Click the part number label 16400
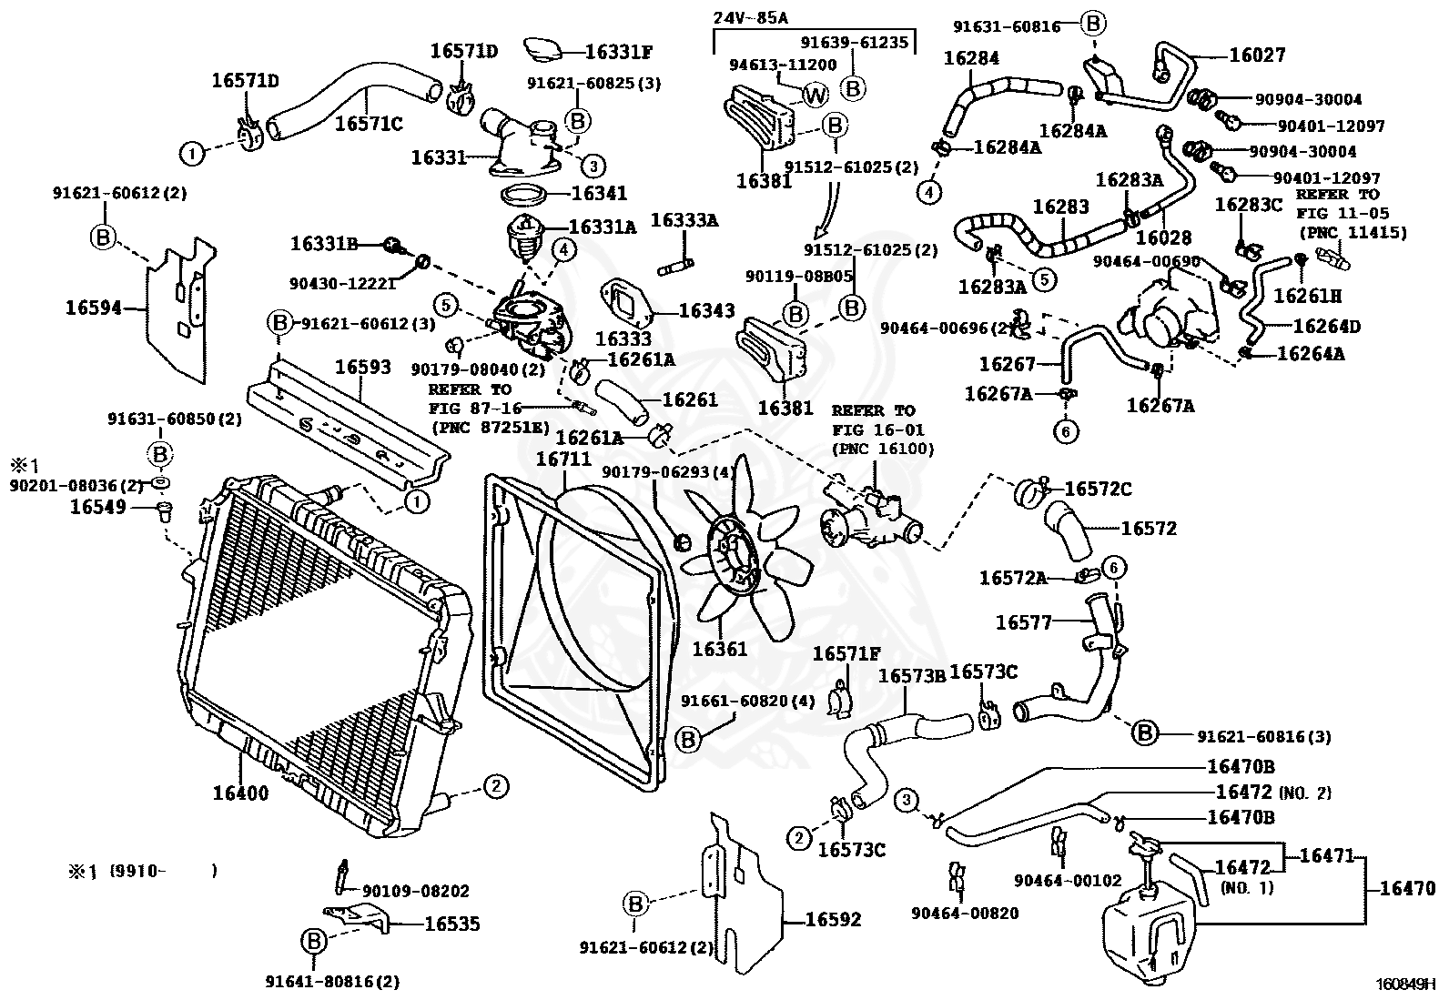coord(240,793)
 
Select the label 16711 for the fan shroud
coord(563,460)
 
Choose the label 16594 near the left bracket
coord(93,308)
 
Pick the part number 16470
coord(1407,889)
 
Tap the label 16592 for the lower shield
coord(833,920)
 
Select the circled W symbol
coord(815,93)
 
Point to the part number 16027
coord(1257,56)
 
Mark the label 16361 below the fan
coord(719,649)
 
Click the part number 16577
coord(1023,622)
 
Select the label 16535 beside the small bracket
coord(452,924)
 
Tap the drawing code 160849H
coord(1404,985)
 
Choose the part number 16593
coord(362,368)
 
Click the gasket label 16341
coord(599,194)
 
